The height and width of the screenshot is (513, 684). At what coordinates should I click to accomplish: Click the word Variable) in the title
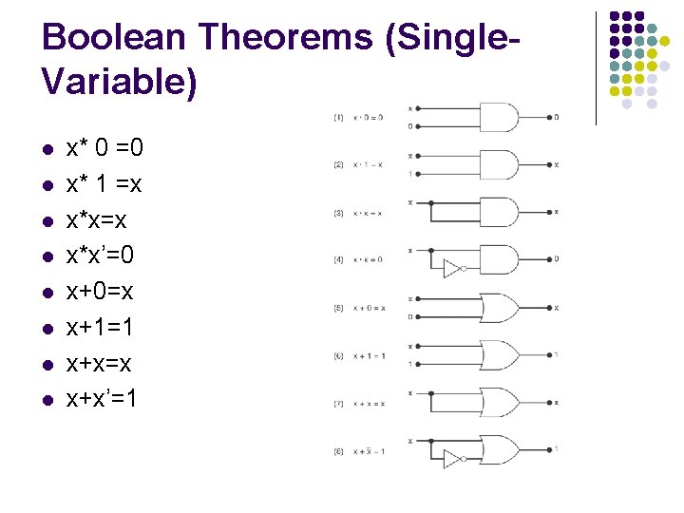[120, 83]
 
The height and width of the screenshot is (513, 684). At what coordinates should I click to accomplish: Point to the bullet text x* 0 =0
[104, 148]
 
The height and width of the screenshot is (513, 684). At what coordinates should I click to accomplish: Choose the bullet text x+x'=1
[102, 399]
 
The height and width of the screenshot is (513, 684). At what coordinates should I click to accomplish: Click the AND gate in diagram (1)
[500, 117]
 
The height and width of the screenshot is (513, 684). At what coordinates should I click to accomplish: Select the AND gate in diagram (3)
[500, 211]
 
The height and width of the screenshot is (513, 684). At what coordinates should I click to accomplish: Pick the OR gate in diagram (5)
[500, 308]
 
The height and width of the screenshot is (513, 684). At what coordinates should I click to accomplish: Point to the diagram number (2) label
[339, 164]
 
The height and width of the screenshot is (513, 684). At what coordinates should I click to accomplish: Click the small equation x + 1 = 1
[367, 356]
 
